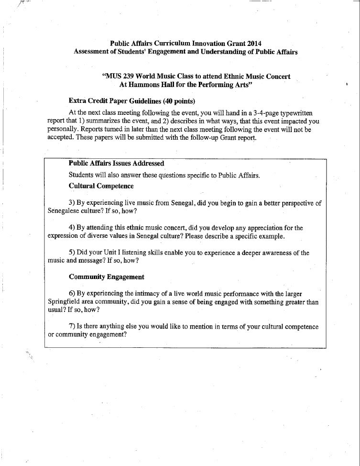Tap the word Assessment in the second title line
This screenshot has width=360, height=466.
91,52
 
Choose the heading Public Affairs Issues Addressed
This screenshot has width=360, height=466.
116,164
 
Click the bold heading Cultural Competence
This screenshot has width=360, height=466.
101,186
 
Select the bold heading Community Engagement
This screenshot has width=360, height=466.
106,277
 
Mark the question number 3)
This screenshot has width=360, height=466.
72,203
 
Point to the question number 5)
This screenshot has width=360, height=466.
72,253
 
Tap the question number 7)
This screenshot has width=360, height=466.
72,326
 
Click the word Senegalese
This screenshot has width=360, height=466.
64,211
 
